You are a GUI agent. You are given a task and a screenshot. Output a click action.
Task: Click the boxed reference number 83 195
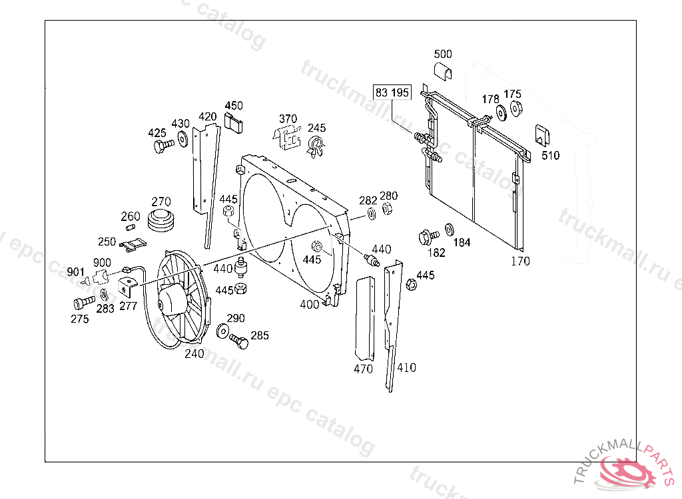[x=392, y=92]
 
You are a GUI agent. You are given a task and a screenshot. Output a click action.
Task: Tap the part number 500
[x=443, y=54]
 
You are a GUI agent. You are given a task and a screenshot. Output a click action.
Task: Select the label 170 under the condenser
[x=520, y=261]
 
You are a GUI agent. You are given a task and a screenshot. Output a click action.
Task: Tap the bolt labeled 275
[x=82, y=303]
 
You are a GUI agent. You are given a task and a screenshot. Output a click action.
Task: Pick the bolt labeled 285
[x=239, y=342]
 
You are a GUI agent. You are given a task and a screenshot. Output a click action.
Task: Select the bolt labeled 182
[x=426, y=236]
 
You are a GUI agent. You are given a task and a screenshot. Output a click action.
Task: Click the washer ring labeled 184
[x=449, y=230]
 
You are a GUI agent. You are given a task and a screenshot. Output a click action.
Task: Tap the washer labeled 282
[x=372, y=215]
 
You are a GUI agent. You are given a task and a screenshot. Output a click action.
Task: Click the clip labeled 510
[x=542, y=135]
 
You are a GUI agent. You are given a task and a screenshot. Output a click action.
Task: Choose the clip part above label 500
[x=444, y=71]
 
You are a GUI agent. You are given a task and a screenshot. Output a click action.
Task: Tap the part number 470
[x=363, y=369]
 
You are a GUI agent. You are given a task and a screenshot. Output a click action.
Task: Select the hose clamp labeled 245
[x=316, y=145]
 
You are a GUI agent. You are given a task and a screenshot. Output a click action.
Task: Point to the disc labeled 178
[x=500, y=113]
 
